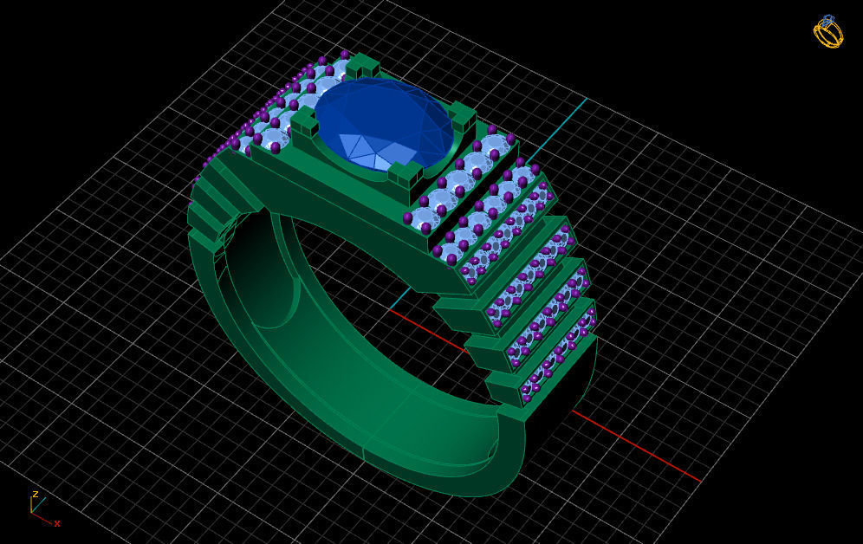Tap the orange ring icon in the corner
pos(828,32)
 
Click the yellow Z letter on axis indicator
pos(35,495)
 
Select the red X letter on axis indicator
pos(57,523)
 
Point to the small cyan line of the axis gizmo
pos(40,503)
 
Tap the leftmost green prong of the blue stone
pos(304,125)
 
